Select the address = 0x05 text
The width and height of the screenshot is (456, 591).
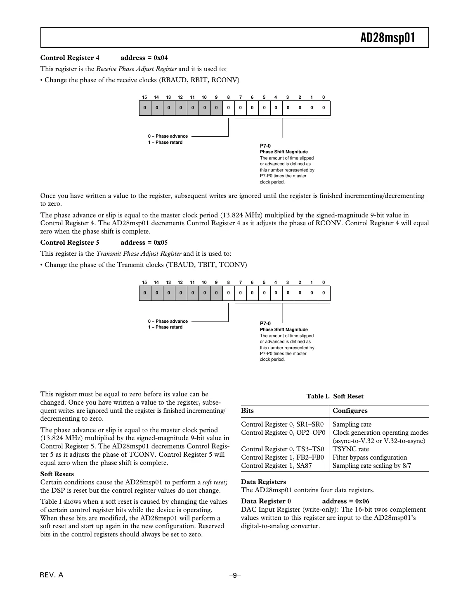pos(144,243)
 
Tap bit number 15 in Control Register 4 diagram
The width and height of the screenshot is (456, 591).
pos(144,98)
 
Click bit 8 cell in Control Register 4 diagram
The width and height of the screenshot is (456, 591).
pos(228,108)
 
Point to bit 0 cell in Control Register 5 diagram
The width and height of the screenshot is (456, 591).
pos(324,293)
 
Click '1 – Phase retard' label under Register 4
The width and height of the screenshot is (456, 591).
pos(165,143)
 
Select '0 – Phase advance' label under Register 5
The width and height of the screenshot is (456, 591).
pos(168,321)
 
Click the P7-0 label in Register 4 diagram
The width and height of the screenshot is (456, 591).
pos(265,146)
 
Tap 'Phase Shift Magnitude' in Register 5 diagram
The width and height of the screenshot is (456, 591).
pos(284,330)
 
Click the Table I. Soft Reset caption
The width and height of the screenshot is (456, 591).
pos(335,396)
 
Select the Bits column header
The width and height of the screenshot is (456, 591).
pos(248,411)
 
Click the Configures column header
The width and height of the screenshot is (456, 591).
pos(350,411)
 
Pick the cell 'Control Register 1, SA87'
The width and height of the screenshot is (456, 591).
pos(276,466)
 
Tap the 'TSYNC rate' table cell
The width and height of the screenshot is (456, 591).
pos(350,449)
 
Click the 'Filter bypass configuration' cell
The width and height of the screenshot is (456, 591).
pos(369,458)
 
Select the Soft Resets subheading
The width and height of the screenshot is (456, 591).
pos(57,474)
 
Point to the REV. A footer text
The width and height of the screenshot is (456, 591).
pos(52,575)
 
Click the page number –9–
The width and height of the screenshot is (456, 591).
pos(234,575)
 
